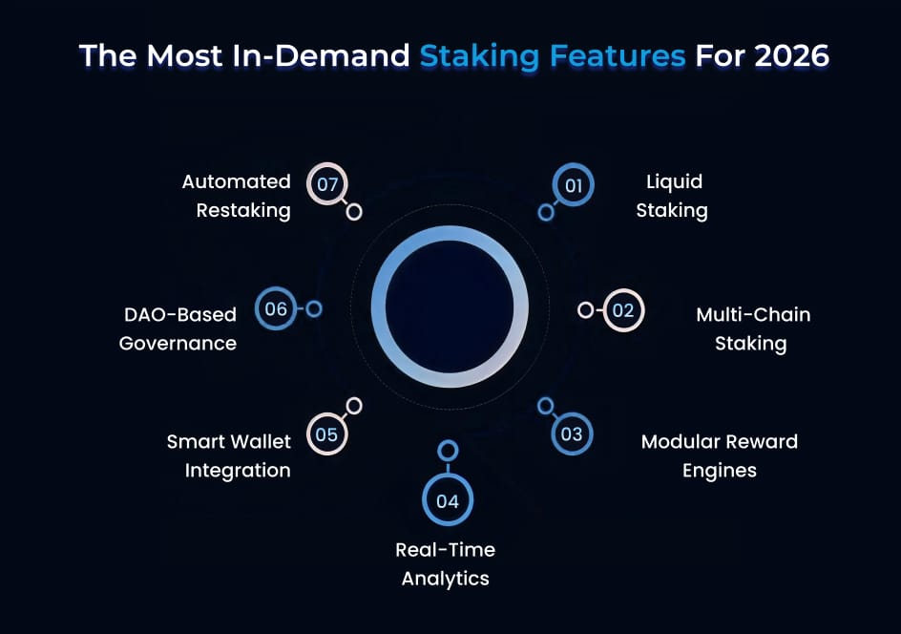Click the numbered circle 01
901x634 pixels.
point(574,185)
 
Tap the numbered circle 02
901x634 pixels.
point(623,310)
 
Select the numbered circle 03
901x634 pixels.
point(572,434)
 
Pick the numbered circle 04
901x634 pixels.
point(448,501)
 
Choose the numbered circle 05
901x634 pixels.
point(326,434)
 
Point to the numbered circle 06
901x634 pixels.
point(276,309)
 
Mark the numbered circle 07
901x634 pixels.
point(327,184)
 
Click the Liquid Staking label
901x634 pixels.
point(672,196)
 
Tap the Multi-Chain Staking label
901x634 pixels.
point(752,328)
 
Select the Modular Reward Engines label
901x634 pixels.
point(719,455)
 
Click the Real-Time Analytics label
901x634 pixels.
point(446,563)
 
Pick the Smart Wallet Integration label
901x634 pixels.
point(229,455)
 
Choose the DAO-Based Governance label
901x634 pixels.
point(178,328)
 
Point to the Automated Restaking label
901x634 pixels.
point(237,196)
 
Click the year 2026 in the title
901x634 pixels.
point(791,55)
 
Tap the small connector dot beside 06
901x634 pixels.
point(314,309)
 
